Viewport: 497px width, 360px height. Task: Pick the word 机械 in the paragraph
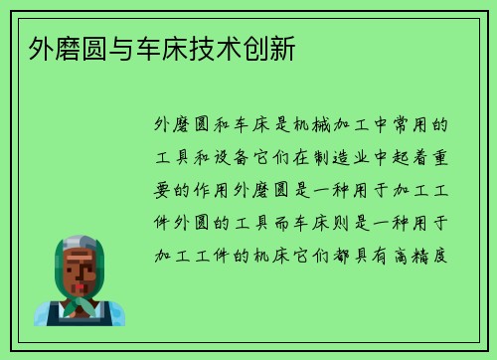tap(303, 126)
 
